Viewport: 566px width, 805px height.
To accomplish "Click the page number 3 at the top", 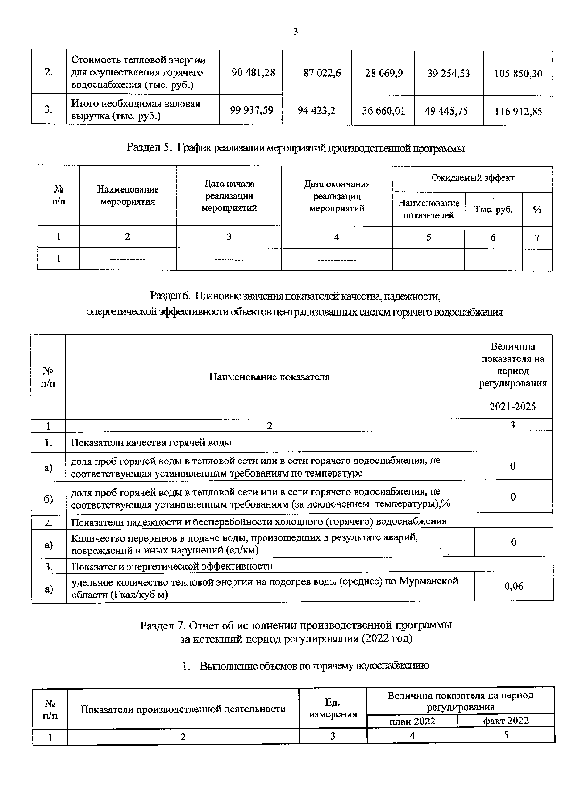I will [295, 32].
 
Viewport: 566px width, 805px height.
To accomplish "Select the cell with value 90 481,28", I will [253, 73].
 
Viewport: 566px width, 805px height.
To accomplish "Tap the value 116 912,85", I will [518, 111].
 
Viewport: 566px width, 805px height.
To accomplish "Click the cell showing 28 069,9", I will [383, 73].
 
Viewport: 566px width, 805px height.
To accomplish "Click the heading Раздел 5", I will [296, 148].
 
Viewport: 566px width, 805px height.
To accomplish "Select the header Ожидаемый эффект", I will [472, 178].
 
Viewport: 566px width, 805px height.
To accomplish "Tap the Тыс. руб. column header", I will [493, 210].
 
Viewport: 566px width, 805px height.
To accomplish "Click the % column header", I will [537, 210].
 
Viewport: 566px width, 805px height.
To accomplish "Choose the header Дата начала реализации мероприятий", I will [229, 195].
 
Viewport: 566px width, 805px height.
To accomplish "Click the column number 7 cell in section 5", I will [537, 237].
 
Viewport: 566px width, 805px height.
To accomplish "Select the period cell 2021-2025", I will [512, 406].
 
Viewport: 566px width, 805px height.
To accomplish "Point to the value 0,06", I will [513, 586].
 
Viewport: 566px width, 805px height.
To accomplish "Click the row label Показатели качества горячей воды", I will [151, 443].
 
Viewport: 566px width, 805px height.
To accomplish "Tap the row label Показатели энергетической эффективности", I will [172, 566].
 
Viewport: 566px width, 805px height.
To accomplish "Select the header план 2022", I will [412, 721].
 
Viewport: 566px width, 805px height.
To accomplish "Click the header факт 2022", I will [506, 721].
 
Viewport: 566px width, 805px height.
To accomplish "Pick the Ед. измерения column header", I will [333, 708].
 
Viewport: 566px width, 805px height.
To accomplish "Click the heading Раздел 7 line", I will [296, 625].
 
